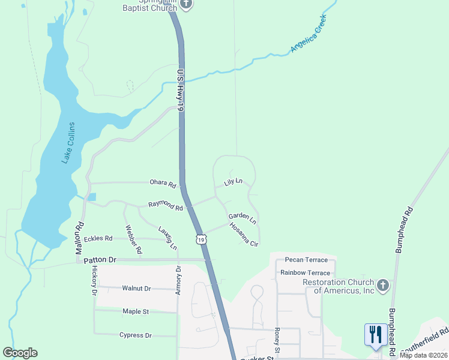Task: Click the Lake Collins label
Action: [x=67, y=143]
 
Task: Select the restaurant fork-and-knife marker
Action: [x=375, y=335]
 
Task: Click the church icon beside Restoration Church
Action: [x=383, y=284]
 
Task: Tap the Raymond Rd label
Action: [x=165, y=206]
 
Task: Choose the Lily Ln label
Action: [x=233, y=181]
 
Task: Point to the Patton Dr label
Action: [x=99, y=260]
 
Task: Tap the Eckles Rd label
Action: [x=98, y=238]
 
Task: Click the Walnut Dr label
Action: [x=136, y=289]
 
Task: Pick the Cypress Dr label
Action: [x=135, y=335]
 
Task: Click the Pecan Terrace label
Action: [x=306, y=260]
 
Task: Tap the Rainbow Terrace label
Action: [x=305, y=272]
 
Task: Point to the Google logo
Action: [x=20, y=353]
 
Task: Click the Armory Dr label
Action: [x=178, y=280]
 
